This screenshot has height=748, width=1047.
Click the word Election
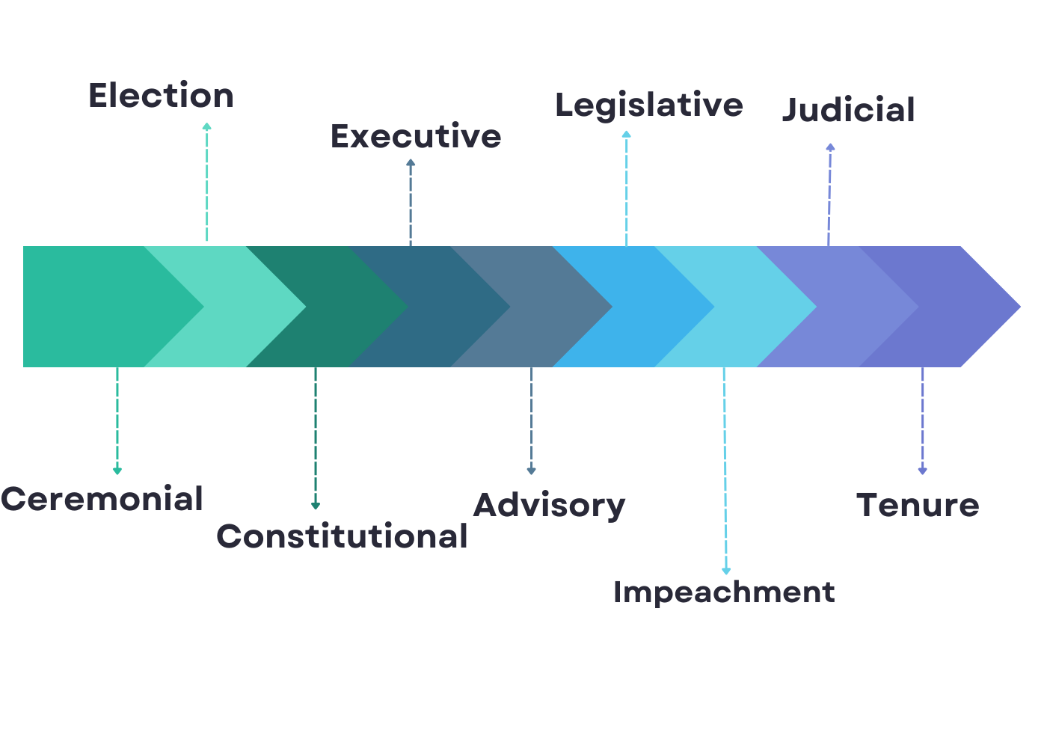coord(162,96)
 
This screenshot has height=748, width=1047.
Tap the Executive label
coord(416,136)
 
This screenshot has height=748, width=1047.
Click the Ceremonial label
coord(102,499)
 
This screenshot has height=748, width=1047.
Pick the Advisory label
coord(549,506)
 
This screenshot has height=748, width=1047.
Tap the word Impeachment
coord(724,593)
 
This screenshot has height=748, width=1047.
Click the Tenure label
coord(918,505)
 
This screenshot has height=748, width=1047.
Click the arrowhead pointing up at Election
coord(206,126)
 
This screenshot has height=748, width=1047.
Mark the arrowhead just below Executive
coord(411,163)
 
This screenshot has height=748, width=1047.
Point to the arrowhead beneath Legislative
coord(627,134)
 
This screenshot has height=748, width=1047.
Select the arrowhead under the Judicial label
coord(830,147)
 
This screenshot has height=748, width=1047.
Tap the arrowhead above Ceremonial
coord(117,470)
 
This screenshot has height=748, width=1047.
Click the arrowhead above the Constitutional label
coord(316,506)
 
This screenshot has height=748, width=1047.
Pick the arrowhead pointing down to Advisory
coord(531,470)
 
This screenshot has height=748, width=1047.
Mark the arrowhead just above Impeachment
coord(726,571)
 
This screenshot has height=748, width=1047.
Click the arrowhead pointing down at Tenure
coord(922,470)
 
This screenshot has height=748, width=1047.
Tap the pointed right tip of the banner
coord(1020,307)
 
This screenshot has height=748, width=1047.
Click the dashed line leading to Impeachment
coord(725,467)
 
